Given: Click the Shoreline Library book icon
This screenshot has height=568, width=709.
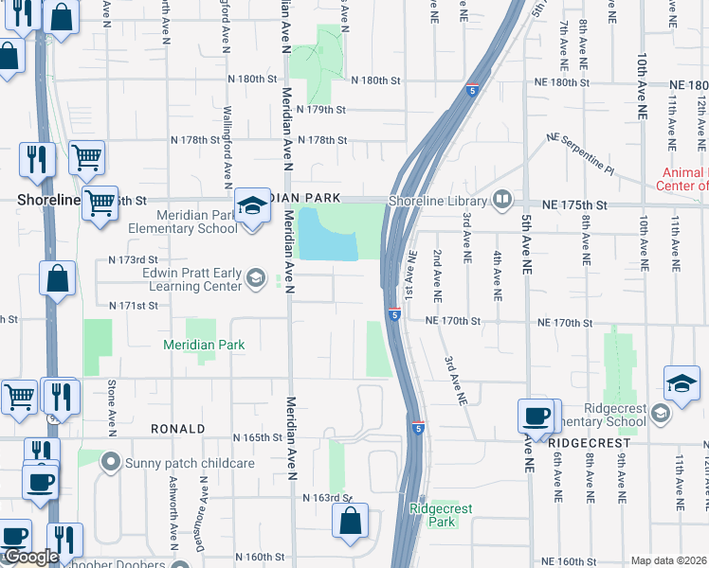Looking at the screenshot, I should pyautogui.click(x=502, y=200).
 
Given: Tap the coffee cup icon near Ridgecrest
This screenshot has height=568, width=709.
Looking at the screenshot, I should pyautogui.click(x=536, y=417).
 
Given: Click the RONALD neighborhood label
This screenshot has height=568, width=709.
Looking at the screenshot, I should pyautogui.click(x=178, y=429).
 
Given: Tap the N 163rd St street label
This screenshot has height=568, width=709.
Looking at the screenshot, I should pyautogui.click(x=327, y=497).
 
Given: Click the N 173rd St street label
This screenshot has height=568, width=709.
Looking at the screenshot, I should pyautogui.click(x=133, y=258).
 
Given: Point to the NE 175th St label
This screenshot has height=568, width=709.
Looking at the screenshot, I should pyautogui.click(x=574, y=204).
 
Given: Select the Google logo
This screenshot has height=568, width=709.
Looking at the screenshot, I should pyautogui.click(x=30, y=558).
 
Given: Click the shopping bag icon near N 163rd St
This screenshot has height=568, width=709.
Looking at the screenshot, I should pyautogui.click(x=350, y=519).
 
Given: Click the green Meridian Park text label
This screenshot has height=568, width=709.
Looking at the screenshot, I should pyautogui.click(x=204, y=345).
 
